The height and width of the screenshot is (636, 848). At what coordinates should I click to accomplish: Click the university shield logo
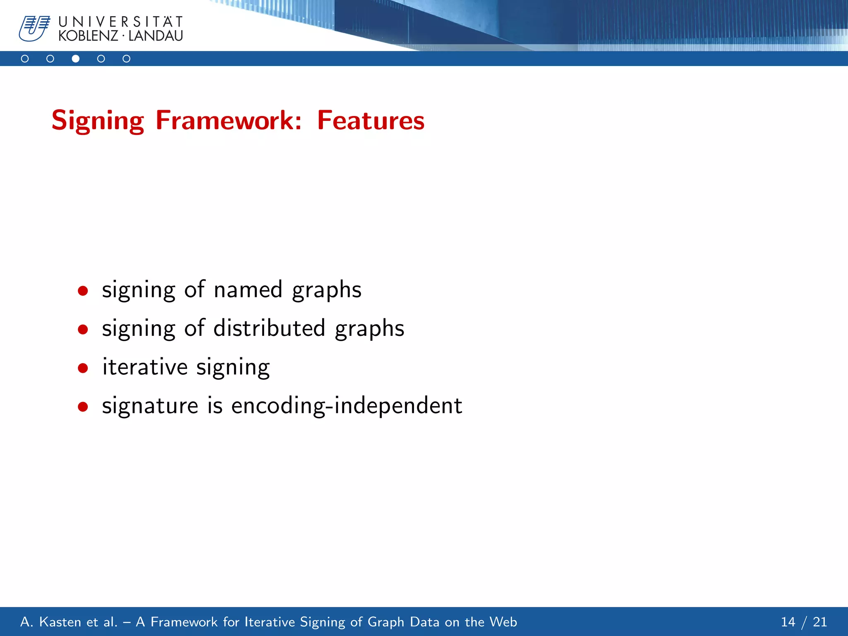click(34, 28)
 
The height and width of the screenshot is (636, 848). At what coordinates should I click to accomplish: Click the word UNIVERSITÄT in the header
click(120, 22)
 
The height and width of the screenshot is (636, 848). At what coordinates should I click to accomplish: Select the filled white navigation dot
click(75, 59)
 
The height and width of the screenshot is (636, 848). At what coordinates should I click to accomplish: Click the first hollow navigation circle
click(25, 59)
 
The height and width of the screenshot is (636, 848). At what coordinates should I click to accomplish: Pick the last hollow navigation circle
click(126, 59)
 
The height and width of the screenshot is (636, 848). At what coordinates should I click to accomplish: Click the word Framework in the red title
click(229, 120)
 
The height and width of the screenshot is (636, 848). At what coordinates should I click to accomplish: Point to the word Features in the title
click(371, 120)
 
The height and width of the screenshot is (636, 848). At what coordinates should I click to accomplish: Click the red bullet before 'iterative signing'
click(83, 368)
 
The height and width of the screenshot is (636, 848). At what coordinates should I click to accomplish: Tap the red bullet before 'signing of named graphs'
click(83, 291)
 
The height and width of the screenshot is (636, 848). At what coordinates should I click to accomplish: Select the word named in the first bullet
click(248, 289)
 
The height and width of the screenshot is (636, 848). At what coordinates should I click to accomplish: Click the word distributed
click(269, 328)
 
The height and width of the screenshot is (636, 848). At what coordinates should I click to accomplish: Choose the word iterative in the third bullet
click(145, 367)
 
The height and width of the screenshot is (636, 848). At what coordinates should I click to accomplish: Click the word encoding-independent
click(346, 405)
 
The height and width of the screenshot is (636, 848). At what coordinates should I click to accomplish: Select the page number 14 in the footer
click(788, 622)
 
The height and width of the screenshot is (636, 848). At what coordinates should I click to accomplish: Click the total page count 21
click(819, 622)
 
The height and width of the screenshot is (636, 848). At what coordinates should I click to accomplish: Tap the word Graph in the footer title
click(385, 622)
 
